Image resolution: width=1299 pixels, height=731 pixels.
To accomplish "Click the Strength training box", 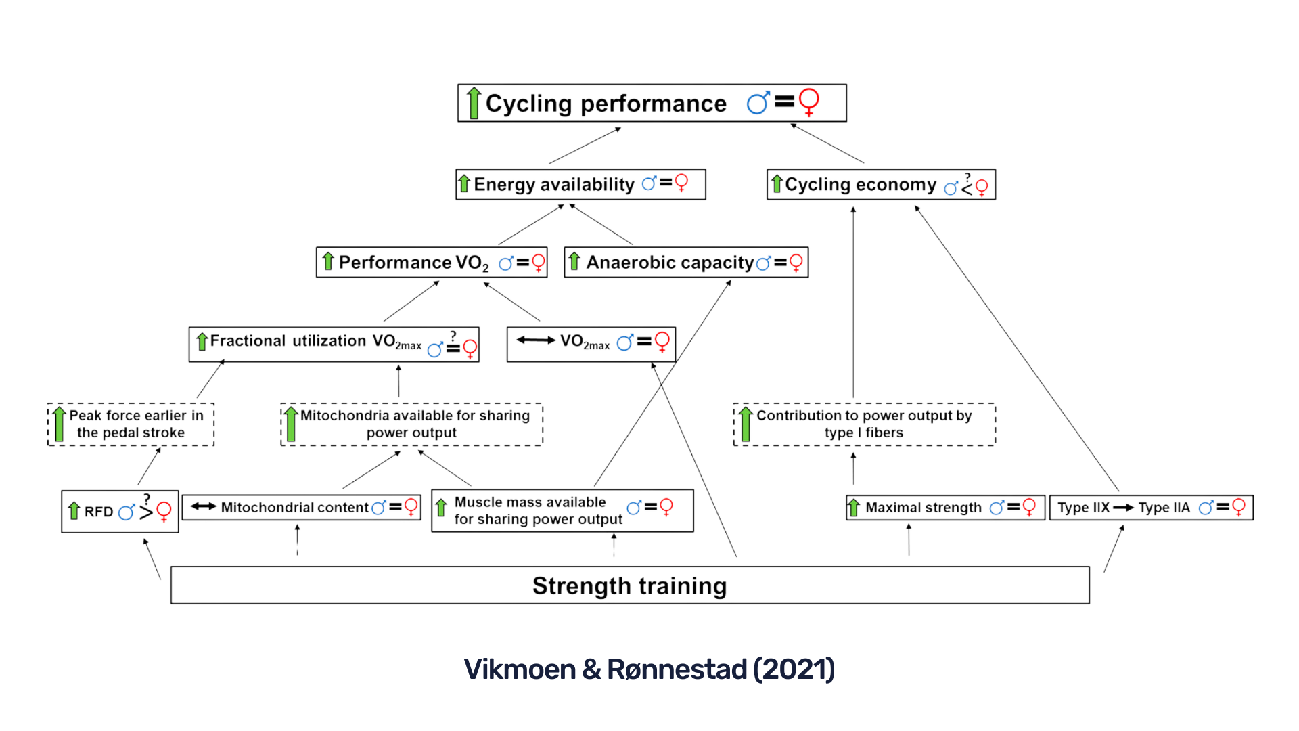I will point(629,585).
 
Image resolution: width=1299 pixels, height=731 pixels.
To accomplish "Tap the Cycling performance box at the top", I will point(652,103).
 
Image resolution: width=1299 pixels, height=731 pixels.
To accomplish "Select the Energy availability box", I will point(580,184).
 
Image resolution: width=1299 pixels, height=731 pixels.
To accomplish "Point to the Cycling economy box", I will point(880,185).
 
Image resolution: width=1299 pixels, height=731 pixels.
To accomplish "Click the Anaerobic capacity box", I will point(685,263).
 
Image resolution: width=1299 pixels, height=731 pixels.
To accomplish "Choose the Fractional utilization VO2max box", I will point(334,344).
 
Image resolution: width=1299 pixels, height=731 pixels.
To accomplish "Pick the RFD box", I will point(120,511).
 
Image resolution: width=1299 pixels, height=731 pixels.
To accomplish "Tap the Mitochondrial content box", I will point(302,508).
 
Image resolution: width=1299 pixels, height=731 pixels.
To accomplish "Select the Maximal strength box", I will point(944,508).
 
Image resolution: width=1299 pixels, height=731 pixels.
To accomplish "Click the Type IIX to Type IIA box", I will point(1151,508).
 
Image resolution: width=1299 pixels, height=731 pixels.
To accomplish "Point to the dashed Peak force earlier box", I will point(131,424).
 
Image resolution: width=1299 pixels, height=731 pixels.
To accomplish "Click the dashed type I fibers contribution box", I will point(864,424).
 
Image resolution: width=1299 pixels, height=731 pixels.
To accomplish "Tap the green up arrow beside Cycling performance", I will point(474,103).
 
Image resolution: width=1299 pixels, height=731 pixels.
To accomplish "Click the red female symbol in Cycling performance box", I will point(808,102).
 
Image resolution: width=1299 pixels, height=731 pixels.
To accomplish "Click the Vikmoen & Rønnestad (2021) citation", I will point(649,669).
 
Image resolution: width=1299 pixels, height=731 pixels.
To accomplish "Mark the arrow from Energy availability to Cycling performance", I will point(585,146).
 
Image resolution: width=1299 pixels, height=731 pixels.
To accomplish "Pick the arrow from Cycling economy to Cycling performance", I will point(827,143).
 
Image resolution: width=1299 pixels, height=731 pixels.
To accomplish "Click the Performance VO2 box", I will point(431,263).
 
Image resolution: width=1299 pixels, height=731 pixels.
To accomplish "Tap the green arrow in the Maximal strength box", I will point(854,507).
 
